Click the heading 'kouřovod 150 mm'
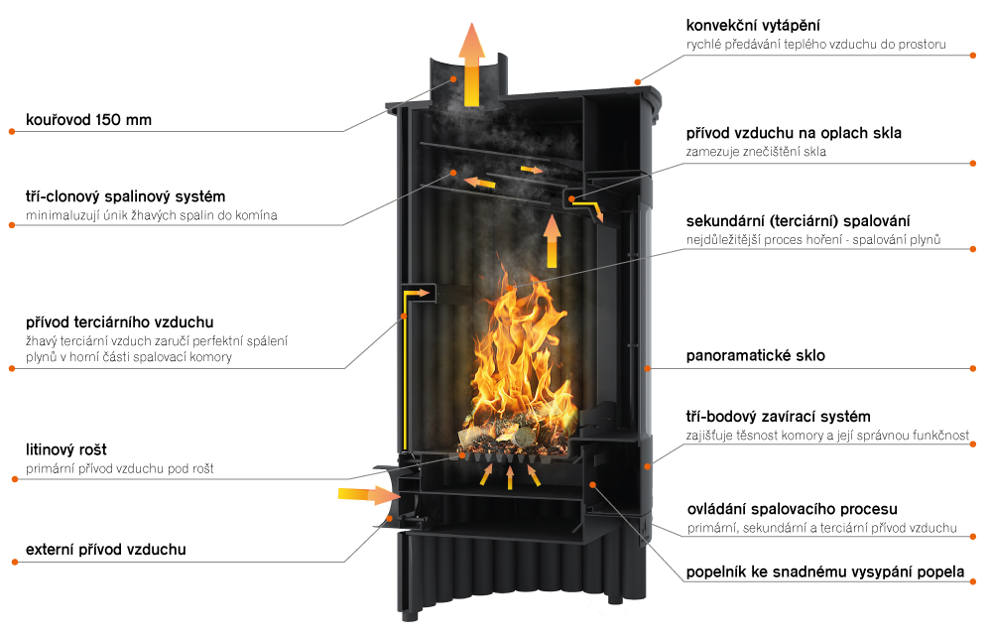click(x=88, y=120)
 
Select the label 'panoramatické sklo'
click(x=755, y=355)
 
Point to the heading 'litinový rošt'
click(x=66, y=449)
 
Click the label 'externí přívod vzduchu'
click(x=106, y=550)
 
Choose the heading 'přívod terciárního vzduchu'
click(x=120, y=322)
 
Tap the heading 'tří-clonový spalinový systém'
click(x=125, y=196)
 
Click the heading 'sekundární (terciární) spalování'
click(x=798, y=221)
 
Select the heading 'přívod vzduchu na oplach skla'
click(x=794, y=134)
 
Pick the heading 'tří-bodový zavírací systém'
click(x=778, y=417)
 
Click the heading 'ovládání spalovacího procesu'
click(x=792, y=509)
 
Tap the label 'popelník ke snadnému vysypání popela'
click(x=825, y=572)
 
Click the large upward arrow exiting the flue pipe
click(x=472, y=64)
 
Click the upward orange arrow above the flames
click(x=552, y=241)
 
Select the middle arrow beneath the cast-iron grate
click(x=510, y=478)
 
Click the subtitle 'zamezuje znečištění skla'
click(x=756, y=152)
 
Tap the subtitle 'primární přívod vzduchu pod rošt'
click(x=120, y=469)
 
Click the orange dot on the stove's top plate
click(x=638, y=81)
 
